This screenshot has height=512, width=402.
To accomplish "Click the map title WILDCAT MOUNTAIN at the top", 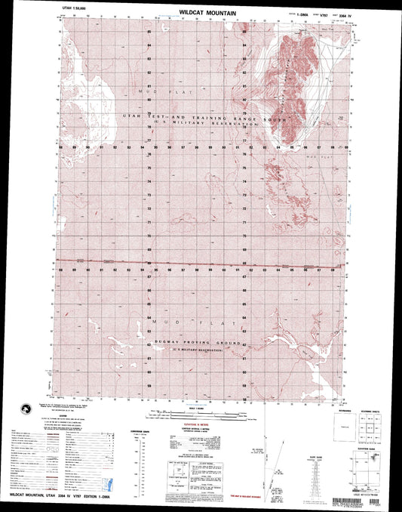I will pyautogui.click(x=207, y=14).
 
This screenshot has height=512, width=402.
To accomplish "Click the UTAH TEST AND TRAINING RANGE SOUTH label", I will pyautogui.click(x=193, y=118).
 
